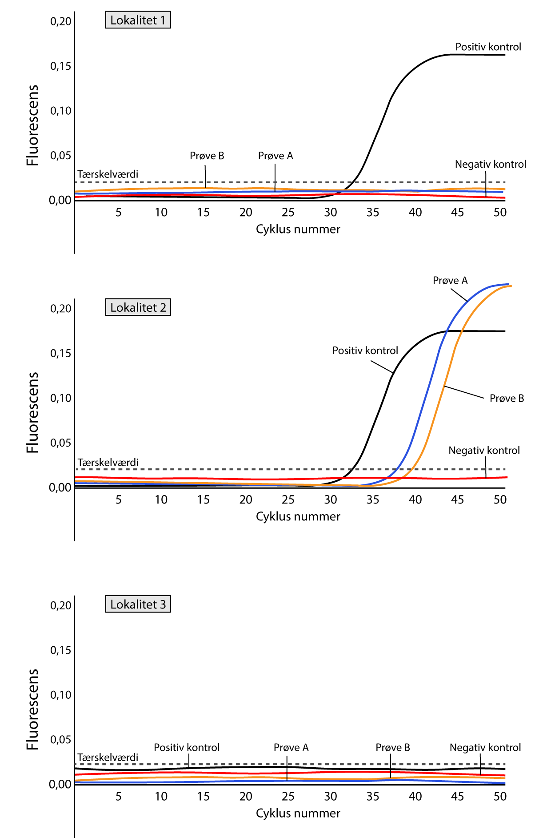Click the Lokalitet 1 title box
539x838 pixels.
tap(138, 20)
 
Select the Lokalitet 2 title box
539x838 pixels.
tap(138, 308)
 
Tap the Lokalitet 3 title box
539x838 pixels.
tap(138, 604)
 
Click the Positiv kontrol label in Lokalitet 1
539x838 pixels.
tap(488, 47)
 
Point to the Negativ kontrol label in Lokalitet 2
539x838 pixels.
tap(484, 451)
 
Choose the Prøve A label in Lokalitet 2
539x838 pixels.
tap(450, 281)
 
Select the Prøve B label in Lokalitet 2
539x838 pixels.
tap(507, 399)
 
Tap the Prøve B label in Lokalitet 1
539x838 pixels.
tap(207, 156)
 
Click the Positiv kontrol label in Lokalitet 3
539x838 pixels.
tap(187, 748)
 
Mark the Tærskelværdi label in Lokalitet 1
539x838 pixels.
tap(108, 174)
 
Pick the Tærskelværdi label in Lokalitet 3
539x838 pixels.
tap(108, 757)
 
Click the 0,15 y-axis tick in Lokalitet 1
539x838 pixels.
tap(60, 66)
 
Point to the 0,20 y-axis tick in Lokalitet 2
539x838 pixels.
tap(60, 309)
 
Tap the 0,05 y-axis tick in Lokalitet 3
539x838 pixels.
tap(60, 740)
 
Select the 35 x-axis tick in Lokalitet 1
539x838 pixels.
tap(372, 213)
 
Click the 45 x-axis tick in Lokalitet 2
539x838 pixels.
tap(457, 500)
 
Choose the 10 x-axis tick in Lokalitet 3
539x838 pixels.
tap(161, 797)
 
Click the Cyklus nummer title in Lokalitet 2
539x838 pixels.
tap(298, 517)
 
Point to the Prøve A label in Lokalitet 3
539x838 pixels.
tap(291, 748)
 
